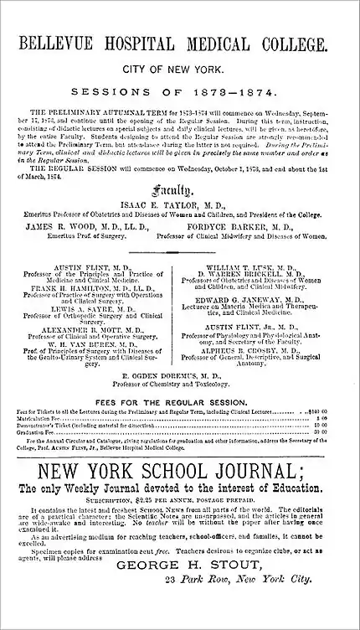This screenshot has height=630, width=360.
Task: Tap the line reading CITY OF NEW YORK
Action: pyautogui.click(x=179, y=71)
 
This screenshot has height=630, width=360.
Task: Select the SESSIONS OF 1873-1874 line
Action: pyautogui.click(x=179, y=91)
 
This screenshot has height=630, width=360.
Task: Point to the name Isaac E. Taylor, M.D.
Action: pyautogui.click(x=179, y=203)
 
